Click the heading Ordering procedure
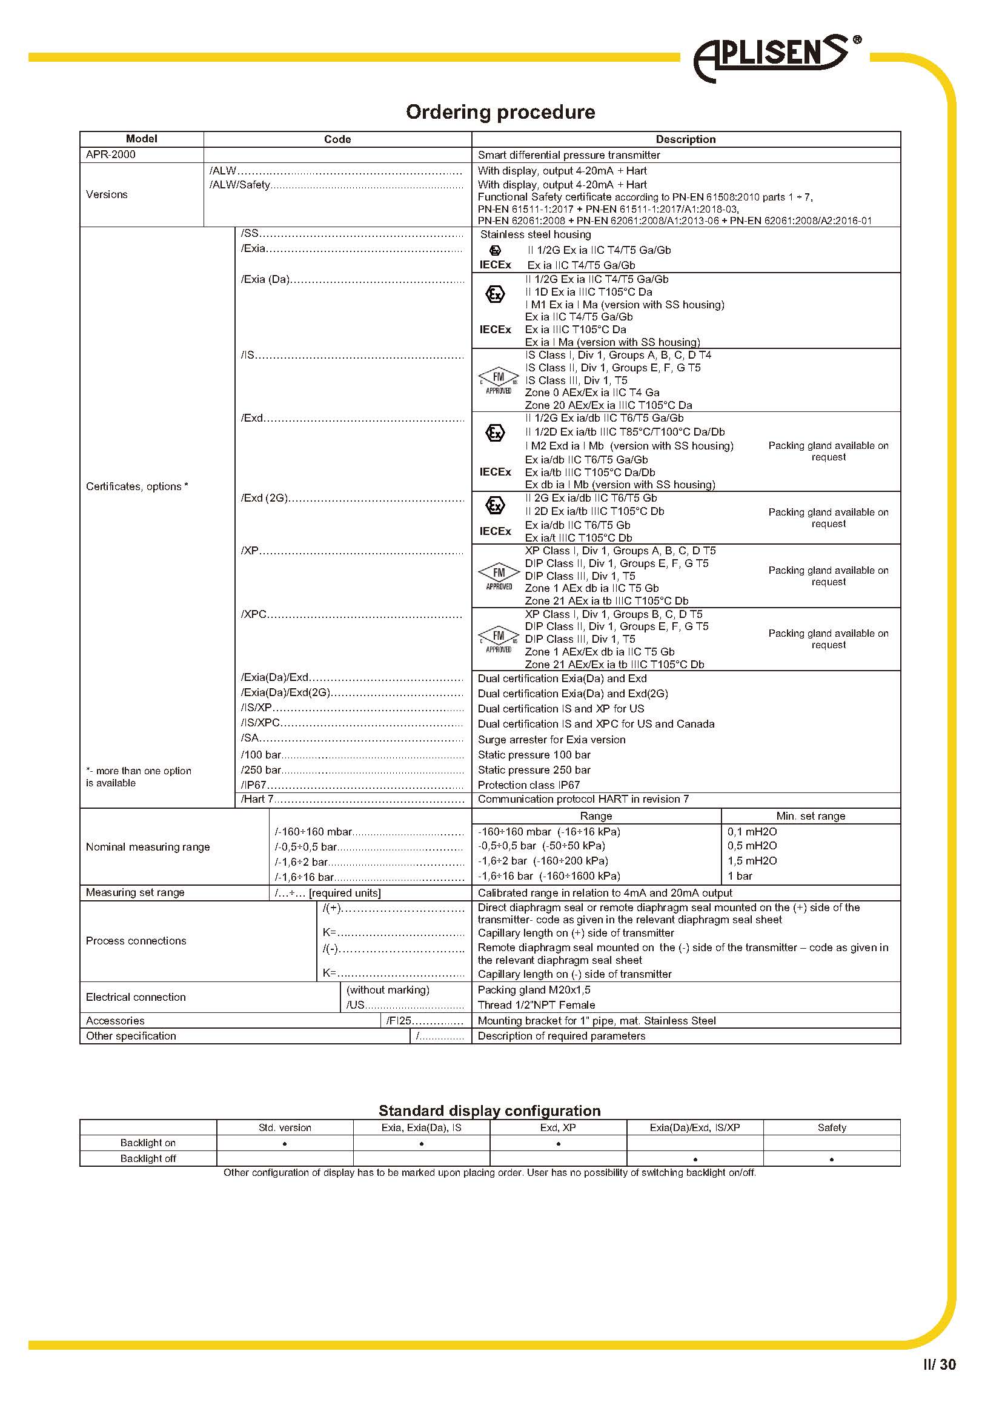point(500,112)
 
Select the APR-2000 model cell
point(111,155)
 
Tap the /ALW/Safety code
point(240,185)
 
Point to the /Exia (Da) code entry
point(265,279)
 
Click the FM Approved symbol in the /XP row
point(499,576)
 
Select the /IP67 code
point(254,785)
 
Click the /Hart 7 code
point(257,799)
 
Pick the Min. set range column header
point(810,816)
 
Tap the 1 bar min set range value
point(739,876)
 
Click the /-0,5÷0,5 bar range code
point(306,847)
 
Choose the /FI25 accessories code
point(399,1021)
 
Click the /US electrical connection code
point(356,1004)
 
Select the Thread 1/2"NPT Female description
point(536,1004)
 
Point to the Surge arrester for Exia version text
point(551,739)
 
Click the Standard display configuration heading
point(489,1111)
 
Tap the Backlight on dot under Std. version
point(285,1144)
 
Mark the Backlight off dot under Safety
point(831,1160)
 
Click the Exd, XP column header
point(558,1127)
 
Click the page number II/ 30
point(939,1364)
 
